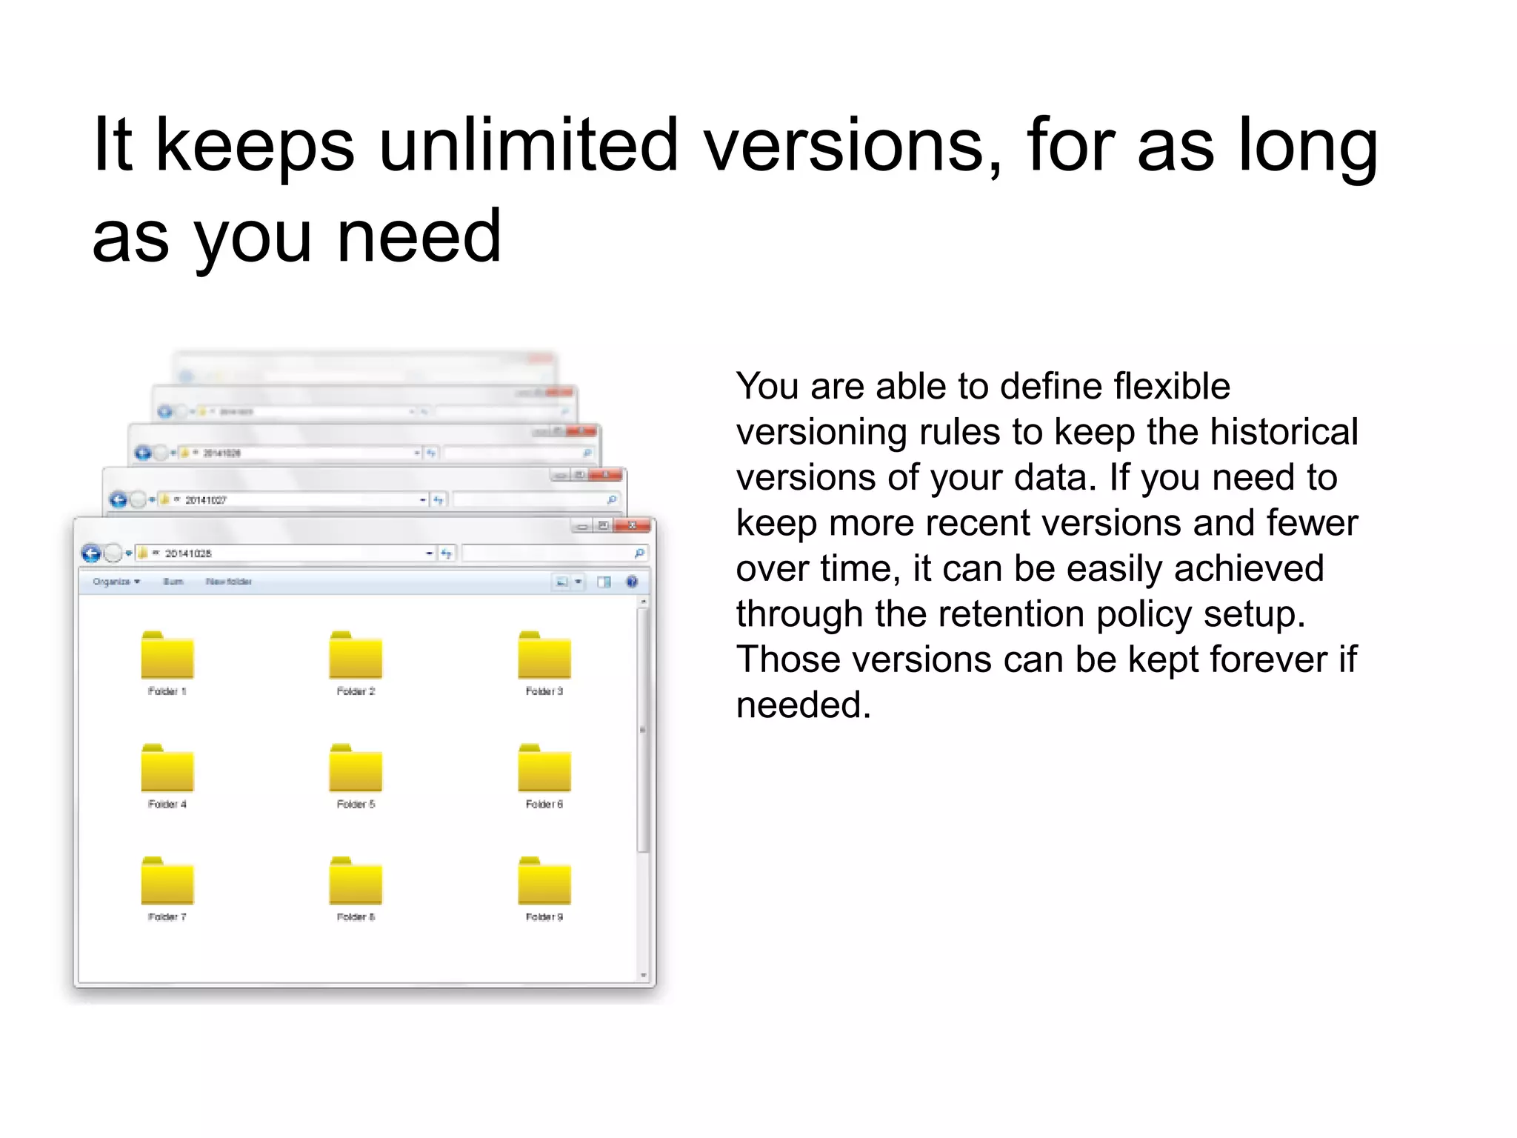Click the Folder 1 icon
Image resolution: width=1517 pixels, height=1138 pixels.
167,656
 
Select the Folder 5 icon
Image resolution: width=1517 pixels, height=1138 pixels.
356,769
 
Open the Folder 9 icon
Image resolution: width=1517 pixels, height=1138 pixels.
544,882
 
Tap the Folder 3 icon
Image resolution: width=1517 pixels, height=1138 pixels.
544,656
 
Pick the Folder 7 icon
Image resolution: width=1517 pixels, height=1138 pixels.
167,882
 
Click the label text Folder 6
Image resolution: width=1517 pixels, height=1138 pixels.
544,805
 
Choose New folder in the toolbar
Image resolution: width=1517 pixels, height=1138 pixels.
229,582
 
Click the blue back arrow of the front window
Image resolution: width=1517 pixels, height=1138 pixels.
91,553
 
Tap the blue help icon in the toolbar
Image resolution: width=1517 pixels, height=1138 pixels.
632,582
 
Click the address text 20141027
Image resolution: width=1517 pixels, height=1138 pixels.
205,501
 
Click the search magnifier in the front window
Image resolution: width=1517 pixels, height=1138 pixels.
639,553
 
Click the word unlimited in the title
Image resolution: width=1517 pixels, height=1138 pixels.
528,145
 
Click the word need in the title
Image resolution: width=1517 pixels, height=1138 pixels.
419,237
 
